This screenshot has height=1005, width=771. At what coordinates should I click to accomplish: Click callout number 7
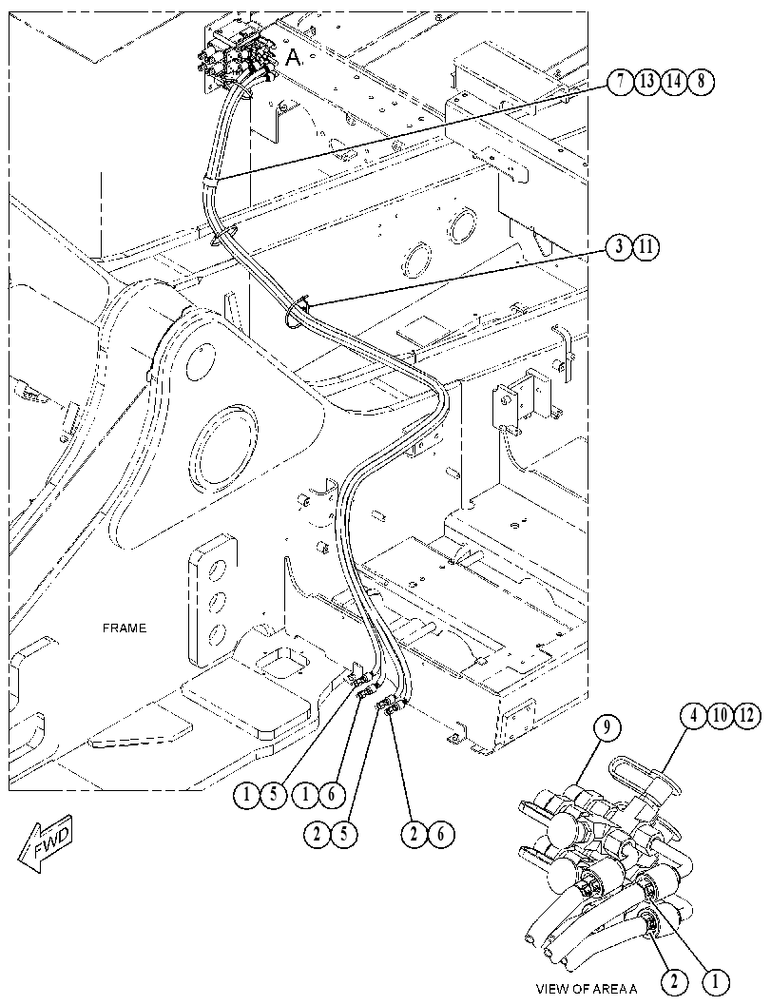(621, 82)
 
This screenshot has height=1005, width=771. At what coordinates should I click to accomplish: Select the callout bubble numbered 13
(647, 82)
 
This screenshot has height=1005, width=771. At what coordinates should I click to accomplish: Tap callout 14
(674, 82)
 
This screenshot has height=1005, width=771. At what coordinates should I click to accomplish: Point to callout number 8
(701, 82)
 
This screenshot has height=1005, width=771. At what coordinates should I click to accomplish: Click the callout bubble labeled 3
(619, 247)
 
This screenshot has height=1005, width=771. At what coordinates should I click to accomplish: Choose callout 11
(646, 247)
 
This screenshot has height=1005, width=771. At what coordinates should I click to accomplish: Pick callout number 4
(693, 715)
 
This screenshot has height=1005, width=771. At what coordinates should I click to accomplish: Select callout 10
(721, 715)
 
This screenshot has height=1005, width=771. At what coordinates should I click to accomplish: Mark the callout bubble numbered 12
(747, 715)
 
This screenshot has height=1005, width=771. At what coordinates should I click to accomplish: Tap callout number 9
(607, 726)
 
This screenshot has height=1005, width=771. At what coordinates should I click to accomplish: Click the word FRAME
(125, 628)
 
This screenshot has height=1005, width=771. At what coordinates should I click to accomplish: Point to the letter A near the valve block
(293, 58)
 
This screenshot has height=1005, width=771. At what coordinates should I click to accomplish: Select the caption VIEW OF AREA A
(587, 988)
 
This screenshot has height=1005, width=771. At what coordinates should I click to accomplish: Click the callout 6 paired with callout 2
(441, 834)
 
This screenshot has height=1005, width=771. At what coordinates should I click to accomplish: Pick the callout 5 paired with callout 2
(345, 834)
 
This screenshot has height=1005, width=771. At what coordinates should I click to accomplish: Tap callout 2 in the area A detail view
(675, 980)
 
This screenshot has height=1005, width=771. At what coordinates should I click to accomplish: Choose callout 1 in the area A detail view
(716, 980)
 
